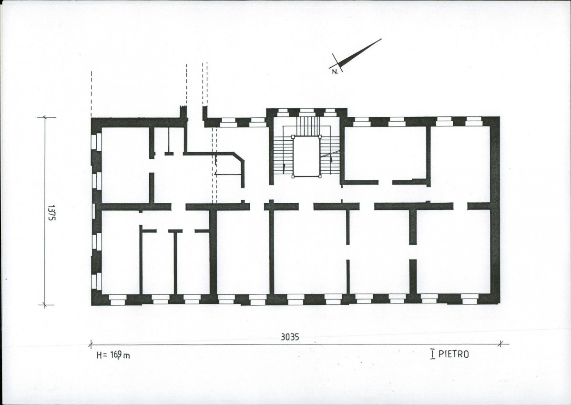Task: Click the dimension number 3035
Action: click(x=290, y=337)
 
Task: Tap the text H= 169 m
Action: click(x=113, y=355)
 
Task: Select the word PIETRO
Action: click(x=453, y=354)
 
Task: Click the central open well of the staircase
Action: click(x=306, y=157)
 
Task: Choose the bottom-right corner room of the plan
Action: click(x=453, y=251)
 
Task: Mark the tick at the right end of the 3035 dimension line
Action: click(x=501, y=343)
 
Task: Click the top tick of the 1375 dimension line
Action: click(x=45, y=117)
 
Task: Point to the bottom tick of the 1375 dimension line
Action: click(x=45, y=305)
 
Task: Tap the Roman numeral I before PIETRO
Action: click(x=433, y=354)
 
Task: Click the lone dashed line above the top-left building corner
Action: click(x=92, y=93)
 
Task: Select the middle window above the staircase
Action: click(x=306, y=112)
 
